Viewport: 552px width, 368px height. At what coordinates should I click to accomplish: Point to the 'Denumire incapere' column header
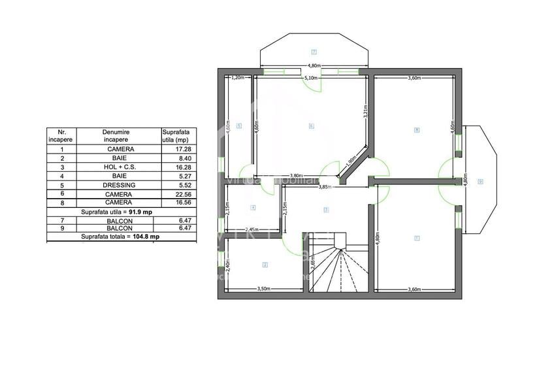point(116,135)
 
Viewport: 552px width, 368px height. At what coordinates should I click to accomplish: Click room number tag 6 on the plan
point(311,125)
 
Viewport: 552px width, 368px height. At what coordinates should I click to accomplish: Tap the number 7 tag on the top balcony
point(314,52)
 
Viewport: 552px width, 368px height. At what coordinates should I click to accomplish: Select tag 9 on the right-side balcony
point(480,181)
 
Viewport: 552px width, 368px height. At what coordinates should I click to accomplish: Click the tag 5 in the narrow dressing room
point(240,125)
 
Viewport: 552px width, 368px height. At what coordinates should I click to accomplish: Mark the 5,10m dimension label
point(312,78)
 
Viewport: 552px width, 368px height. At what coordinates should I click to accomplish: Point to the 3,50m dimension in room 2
point(265,288)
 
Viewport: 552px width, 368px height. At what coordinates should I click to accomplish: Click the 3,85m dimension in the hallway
point(325,187)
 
